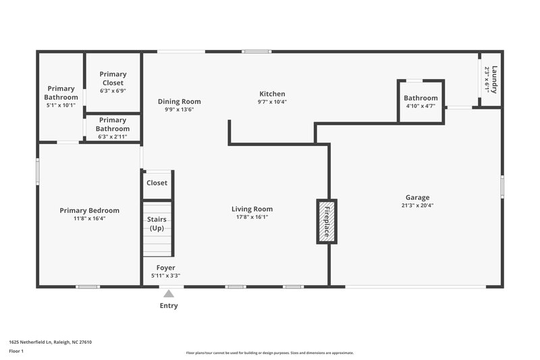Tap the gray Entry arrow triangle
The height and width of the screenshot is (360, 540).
point(169,293)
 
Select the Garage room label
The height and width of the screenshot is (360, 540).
point(416,197)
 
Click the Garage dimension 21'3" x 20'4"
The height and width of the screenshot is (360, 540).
point(416,205)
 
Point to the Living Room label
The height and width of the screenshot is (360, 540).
point(252,209)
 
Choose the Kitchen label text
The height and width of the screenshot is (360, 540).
point(272,94)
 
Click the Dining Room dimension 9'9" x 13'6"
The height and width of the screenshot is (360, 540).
point(180,109)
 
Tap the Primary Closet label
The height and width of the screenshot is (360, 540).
point(113,78)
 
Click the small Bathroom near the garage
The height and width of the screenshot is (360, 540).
point(421,99)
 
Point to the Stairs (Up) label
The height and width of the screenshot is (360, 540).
point(157,224)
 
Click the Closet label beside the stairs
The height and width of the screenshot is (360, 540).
point(157,182)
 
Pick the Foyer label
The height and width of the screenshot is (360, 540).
point(165,267)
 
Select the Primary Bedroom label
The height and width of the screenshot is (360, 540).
point(89,210)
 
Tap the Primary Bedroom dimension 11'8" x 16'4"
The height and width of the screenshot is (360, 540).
point(89,218)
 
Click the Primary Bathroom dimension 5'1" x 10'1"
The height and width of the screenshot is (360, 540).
point(61,105)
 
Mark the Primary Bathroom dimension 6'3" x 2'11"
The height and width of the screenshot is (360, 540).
point(113,136)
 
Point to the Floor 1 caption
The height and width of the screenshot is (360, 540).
point(16,351)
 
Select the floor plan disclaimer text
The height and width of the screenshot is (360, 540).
point(269,353)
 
